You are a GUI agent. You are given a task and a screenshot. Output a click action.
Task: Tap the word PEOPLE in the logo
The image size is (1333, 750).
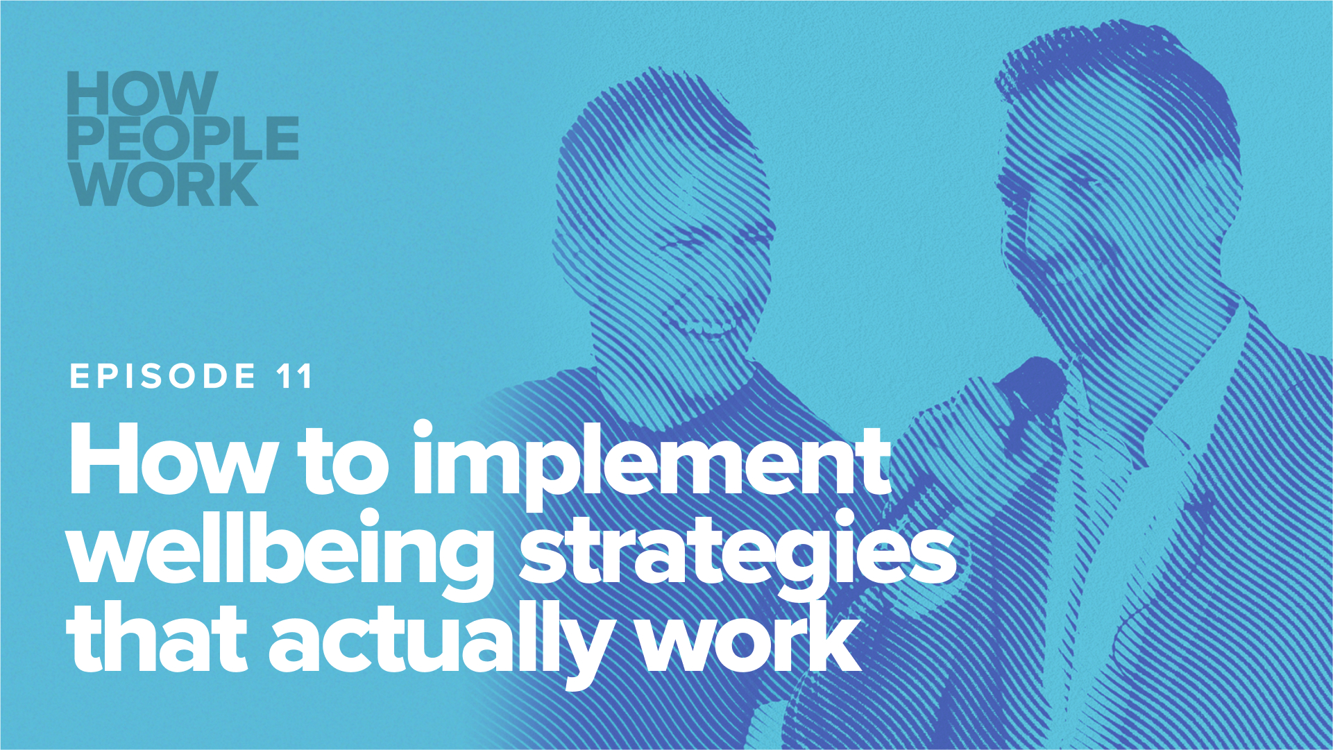[182, 138]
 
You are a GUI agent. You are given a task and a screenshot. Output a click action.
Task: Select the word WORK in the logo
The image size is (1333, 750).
[164, 184]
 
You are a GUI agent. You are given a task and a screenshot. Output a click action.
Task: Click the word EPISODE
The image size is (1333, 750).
[164, 377]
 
